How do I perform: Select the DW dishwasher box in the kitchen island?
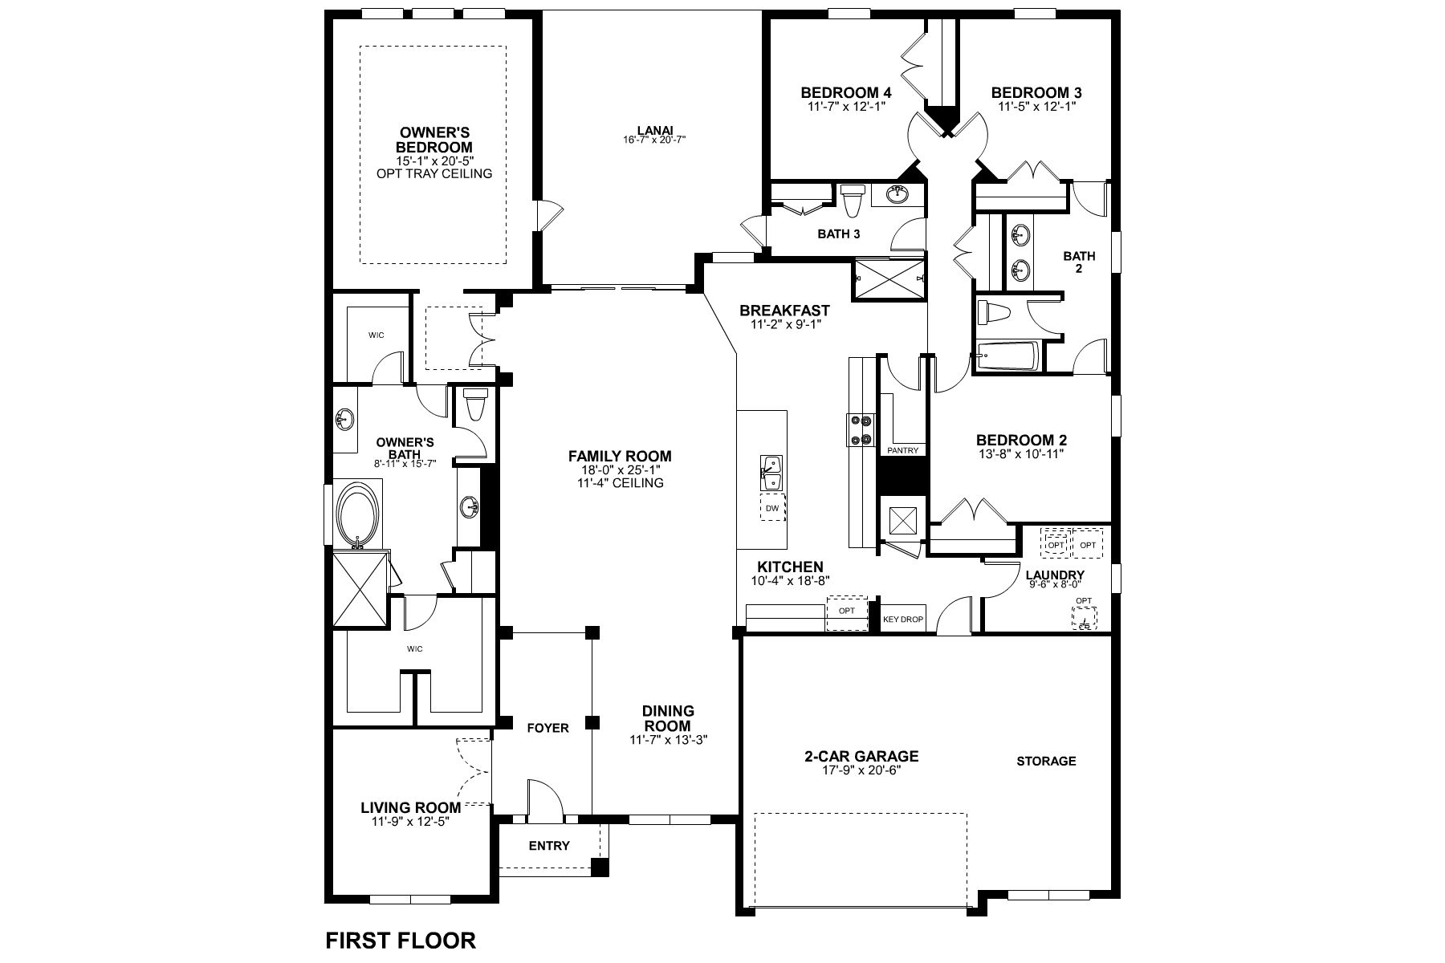(772, 508)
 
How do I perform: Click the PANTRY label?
(903, 450)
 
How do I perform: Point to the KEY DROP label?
(903, 620)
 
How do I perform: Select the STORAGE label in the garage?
(1046, 761)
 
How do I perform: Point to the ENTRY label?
(549, 845)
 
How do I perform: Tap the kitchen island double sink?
(772, 472)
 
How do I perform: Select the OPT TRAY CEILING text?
(434, 173)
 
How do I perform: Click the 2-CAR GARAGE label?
(861, 756)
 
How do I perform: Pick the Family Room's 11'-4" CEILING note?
(620, 483)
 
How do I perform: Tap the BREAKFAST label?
(784, 311)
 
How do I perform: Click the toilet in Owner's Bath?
(476, 405)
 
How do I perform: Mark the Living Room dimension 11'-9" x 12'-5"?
(410, 822)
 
